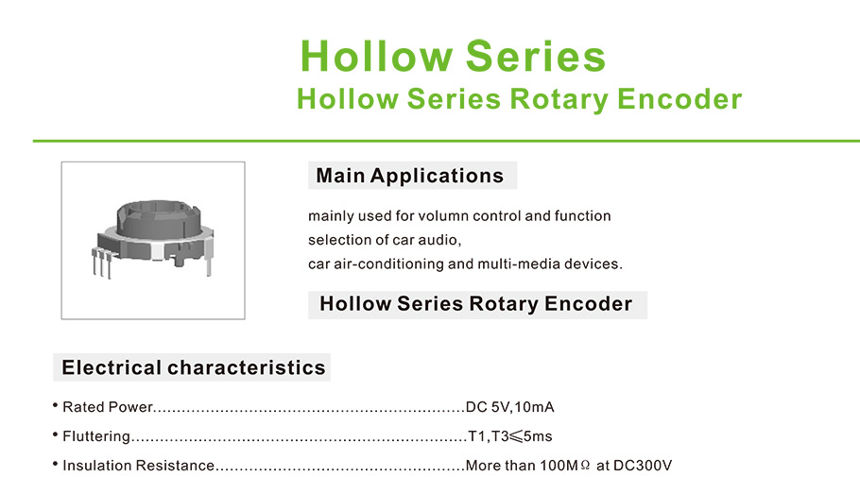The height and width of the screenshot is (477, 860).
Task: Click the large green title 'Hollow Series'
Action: (x=453, y=56)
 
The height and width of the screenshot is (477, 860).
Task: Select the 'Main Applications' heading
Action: (x=410, y=176)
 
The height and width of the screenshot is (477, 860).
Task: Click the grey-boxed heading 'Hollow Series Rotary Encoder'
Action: (x=476, y=304)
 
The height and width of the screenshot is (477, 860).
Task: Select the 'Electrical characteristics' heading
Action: (x=194, y=367)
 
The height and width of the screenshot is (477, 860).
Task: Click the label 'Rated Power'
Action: (x=108, y=407)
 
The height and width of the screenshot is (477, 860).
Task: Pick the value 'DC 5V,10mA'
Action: (x=510, y=407)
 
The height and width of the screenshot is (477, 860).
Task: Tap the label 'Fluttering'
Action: (x=96, y=436)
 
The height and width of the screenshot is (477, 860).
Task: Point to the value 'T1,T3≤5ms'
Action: (x=510, y=436)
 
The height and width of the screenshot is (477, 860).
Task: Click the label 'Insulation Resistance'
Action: (x=138, y=466)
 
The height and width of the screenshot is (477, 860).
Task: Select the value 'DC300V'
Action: (x=643, y=466)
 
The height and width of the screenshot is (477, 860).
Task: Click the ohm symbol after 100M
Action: (x=585, y=466)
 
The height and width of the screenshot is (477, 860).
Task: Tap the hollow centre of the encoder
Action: (x=156, y=209)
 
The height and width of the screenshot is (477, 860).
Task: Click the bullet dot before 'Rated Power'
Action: (x=56, y=406)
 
